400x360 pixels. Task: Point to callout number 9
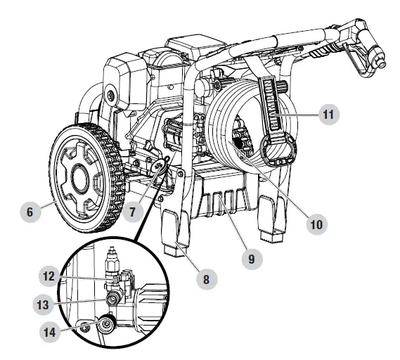pos(251,258)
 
